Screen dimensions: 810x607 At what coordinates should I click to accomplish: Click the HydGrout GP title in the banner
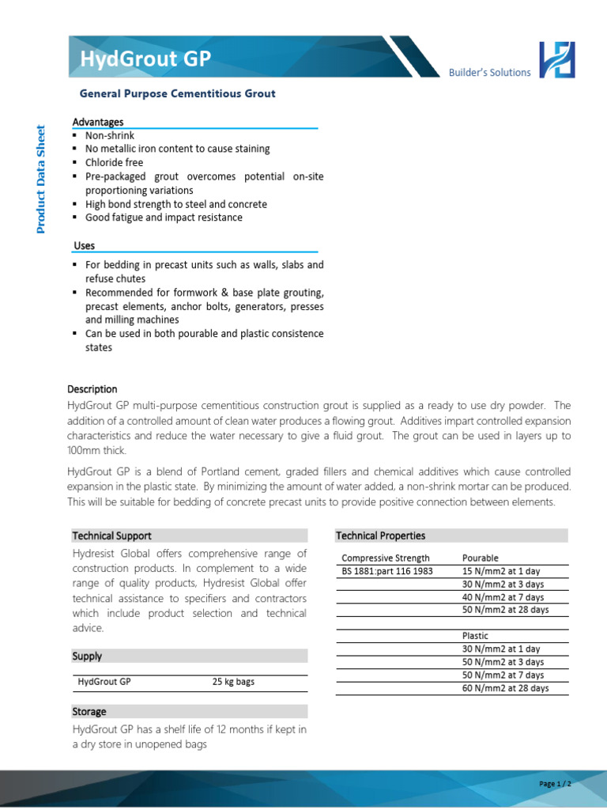(x=145, y=59)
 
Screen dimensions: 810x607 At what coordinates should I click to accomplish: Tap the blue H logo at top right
(x=556, y=60)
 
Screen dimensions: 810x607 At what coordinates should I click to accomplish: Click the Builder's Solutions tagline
(x=489, y=73)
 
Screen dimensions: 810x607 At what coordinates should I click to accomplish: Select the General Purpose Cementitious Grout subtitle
(x=178, y=93)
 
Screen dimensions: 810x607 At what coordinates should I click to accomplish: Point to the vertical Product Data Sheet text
(x=42, y=180)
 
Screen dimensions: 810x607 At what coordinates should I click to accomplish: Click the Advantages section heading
(x=98, y=122)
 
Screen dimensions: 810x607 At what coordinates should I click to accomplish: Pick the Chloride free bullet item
(x=115, y=162)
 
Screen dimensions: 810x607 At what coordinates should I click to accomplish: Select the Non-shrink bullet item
(x=110, y=135)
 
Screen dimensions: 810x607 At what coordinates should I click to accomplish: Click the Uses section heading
(x=85, y=246)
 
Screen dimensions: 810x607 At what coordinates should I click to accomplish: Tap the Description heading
(x=92, y=389)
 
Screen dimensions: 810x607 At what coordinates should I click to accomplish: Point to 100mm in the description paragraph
(x=86, y=450)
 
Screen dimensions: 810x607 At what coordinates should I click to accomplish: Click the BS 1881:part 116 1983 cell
(x=387, y=571)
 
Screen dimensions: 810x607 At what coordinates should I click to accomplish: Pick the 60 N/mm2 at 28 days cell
(x=505, y=688)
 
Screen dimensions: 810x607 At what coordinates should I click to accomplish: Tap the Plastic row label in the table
(x=475, y=636)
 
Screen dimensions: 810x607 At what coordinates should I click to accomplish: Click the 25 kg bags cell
(x=233, y=682)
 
